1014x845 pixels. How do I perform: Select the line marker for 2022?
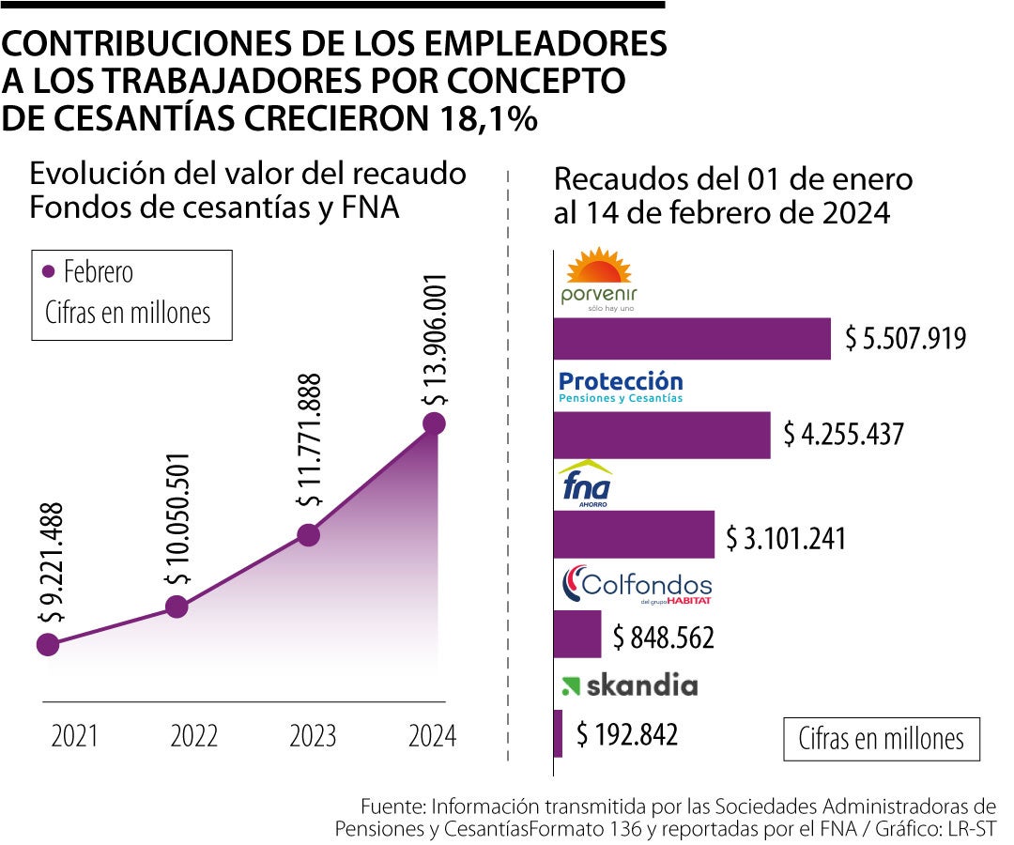point(177,607)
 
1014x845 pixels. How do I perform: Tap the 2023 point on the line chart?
point(308,535)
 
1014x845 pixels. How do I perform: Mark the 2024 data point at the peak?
point(433,423)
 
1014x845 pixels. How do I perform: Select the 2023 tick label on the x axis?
point(313,735)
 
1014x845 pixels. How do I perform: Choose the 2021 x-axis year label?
point(75,735)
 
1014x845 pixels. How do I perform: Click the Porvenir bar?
point(692,339)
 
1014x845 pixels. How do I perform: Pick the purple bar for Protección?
point(662,435)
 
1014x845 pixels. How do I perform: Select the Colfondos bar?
point(577,634)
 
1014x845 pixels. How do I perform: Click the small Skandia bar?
point(559,733)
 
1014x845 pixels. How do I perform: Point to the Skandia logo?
point(629,685)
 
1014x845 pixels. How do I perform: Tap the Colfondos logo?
point(637,586)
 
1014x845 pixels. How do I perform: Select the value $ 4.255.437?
point(843,435)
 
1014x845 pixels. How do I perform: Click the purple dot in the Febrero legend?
point(49,272)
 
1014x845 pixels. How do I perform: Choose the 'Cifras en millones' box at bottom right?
point(881,739)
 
